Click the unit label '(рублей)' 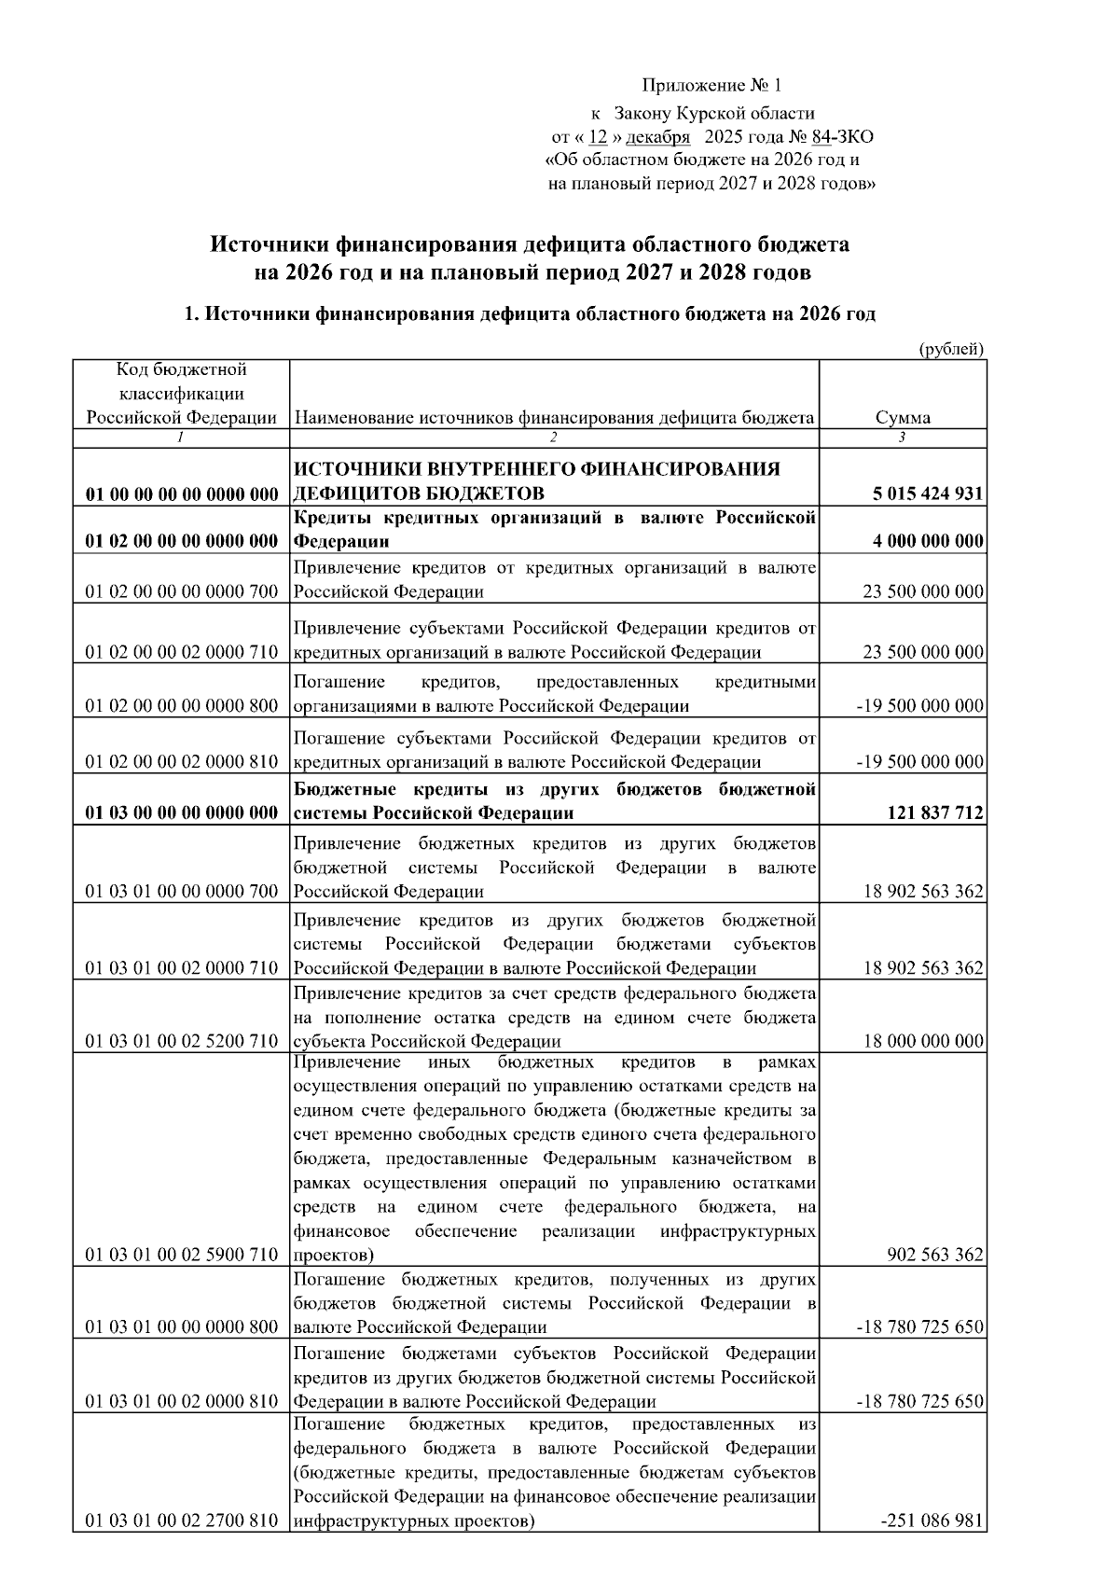point(951,349)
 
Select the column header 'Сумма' point(902,418)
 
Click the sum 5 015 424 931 point(928,493)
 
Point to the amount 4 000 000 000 point(928,542)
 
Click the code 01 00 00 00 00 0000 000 point(182,493)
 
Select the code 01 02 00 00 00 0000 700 point(182,591)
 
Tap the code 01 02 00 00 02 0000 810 point(182,762)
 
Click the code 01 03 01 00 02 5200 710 point(182,1041)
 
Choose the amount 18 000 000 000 point(923,1041)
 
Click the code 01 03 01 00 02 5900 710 point(182,1255)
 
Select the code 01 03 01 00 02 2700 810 point(182,1521)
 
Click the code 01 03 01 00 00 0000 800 point(182,1327)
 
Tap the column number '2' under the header point(553,437)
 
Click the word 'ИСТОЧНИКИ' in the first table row point(349,468)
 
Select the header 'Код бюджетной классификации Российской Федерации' point(182,394)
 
